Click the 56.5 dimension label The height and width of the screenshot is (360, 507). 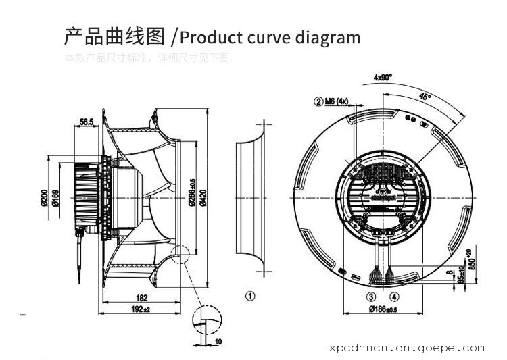[x=86, y=122]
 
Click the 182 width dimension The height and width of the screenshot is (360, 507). [x=141, y=298]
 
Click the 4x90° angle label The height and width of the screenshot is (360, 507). [x=383, y=78]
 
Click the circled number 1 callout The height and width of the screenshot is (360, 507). [x=249, y=295]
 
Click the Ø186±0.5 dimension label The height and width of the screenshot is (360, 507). [x=382, y=309]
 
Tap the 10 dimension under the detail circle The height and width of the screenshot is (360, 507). [x=218, y=342]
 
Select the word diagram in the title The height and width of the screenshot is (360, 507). [x=328, y=36]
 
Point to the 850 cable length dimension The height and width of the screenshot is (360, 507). [x=473, y=259]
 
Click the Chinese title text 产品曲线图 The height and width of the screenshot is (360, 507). [x=115, y=36]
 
